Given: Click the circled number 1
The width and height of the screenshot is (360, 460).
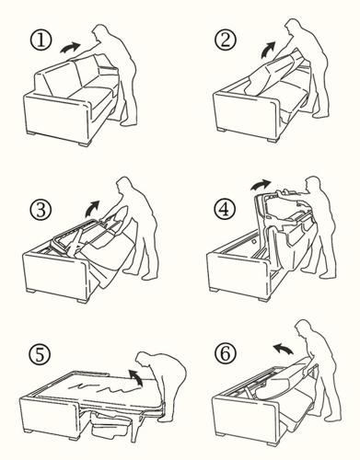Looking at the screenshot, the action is (41, 41).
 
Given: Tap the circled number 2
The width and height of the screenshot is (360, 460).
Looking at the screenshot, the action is (226, 40).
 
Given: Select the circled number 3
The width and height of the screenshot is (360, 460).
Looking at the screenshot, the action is (41, 209).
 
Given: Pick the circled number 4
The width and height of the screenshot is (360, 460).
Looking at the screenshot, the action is (225, 209).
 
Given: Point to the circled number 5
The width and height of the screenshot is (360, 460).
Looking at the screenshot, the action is (40, 355).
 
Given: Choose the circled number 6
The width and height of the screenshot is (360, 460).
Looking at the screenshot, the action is (226, 353).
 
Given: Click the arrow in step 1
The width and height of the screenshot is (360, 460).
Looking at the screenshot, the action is (70, 48).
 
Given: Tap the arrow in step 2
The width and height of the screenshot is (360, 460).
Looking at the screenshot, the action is (268, 50).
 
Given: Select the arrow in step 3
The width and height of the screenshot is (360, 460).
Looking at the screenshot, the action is (92, 209).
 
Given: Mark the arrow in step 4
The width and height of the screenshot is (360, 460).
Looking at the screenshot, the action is (261, 185).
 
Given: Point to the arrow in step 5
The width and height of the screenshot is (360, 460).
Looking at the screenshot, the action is (135, 377).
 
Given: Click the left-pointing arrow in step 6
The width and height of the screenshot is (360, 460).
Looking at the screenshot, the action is (284, 349).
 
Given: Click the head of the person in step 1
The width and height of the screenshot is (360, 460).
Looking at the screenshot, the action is (101, 32).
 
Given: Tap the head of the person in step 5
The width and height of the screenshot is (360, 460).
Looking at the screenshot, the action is (144, 360).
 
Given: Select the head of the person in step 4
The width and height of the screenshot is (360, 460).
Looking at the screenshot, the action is (314, 184).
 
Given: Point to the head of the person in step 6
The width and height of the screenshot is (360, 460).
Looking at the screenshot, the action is (304, 328).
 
